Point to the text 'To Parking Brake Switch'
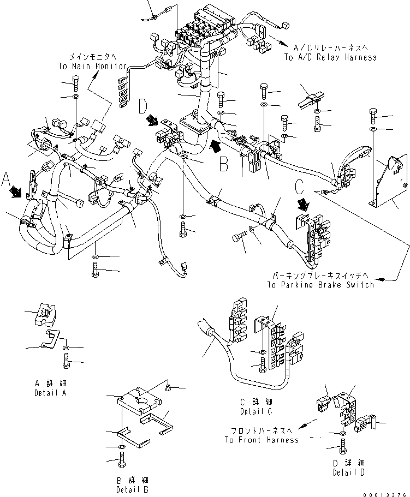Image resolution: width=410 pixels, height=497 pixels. [320, 285]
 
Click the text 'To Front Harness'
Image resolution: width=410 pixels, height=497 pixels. [262, 440]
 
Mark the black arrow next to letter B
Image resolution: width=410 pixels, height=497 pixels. [216, 146]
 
